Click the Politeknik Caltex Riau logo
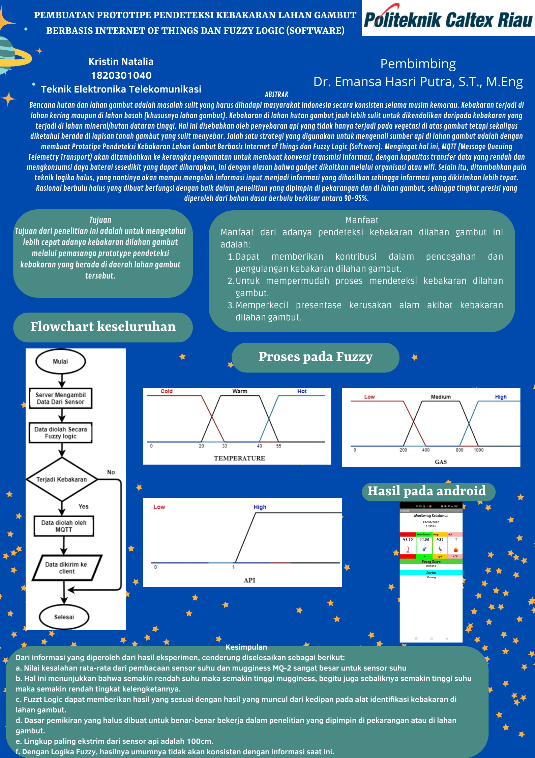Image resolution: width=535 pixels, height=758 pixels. click(x=448, y=19)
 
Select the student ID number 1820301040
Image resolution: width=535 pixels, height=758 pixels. click(x=121, y=75)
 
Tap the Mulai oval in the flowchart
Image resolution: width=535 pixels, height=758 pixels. click(x=61, y=361)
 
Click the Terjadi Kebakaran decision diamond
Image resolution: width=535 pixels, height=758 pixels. click(x=62, y=479)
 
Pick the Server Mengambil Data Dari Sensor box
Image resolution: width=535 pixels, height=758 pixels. click(x=61, y=398)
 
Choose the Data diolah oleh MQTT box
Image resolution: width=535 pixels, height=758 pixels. click(x=64, y=526)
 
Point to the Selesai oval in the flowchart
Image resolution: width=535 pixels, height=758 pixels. click(x=64, y=617)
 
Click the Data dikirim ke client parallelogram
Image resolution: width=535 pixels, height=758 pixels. click(x=66, y=568)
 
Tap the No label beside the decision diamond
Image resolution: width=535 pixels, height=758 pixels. click(x=111, y=472)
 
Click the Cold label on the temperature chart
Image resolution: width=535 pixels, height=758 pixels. click(x=167, y=391)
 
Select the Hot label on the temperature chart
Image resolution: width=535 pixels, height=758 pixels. click(x=302, y=391)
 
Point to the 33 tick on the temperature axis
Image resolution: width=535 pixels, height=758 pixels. click(x=225, y=446)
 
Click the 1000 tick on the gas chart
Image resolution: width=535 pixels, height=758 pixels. click(x=478, y=450)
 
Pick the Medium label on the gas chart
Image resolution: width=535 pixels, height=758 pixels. click(x=441, y=397)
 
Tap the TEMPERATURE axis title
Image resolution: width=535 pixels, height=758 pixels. click(x=239, y=458)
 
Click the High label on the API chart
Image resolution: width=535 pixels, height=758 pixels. click(x=260, y=507)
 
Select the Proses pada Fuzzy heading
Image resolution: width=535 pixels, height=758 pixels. click(x=316, y=357)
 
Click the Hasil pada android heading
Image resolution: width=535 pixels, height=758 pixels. click(x=426, y=491)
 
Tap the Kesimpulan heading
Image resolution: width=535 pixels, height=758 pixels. click(x=246, y=647)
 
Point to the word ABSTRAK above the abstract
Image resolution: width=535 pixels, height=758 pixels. click(x=276, y=95)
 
